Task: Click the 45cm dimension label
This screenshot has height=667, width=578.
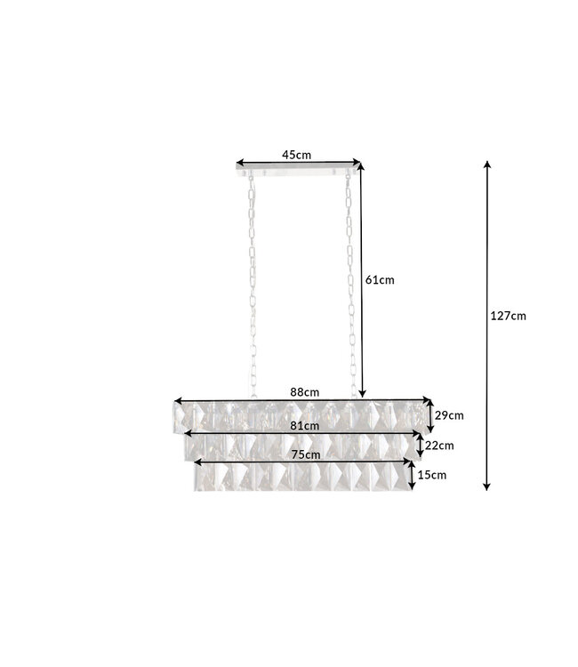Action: tap(296, 154)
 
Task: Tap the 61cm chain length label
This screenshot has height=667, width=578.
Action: tap(380, 279)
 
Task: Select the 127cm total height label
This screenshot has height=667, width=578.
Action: tap(508, 315)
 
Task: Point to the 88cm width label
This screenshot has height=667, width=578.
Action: tap(304, 391)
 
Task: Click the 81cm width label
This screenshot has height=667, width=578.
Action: tap(304, 426)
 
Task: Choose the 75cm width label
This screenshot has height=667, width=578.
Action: tap(304, 454)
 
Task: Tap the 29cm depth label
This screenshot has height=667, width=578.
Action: tap(449, 414)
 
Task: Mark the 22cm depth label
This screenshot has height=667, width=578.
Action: tap(439, 446)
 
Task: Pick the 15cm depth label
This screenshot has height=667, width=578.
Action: tap(431, 475)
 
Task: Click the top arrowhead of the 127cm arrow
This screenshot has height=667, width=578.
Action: tap(486, 165)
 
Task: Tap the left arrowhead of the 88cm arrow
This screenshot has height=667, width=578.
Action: tap(177, 400)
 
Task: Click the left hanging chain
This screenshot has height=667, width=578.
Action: tap(251, 285)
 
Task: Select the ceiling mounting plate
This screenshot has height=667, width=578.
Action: tap(299, 170)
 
